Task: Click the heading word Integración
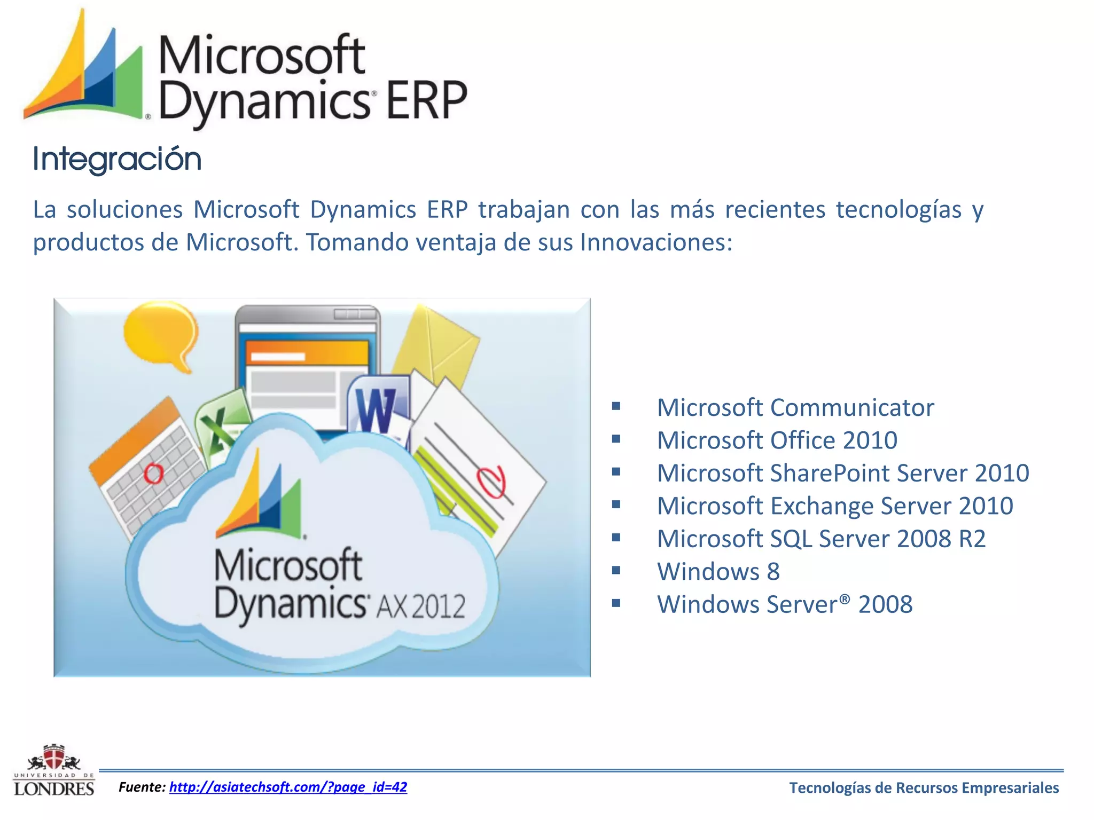117,159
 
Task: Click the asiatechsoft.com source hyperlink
288,787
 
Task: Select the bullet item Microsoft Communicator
795,408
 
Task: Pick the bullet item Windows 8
718,572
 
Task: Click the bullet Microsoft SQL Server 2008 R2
820,539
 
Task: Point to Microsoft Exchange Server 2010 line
834,506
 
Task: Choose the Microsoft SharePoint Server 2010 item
842,474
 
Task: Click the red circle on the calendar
154,473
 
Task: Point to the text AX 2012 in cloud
421,606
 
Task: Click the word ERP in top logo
426,101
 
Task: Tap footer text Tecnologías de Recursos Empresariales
924,788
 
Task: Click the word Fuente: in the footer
142,787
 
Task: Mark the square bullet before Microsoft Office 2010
616,439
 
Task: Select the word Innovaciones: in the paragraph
656,243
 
